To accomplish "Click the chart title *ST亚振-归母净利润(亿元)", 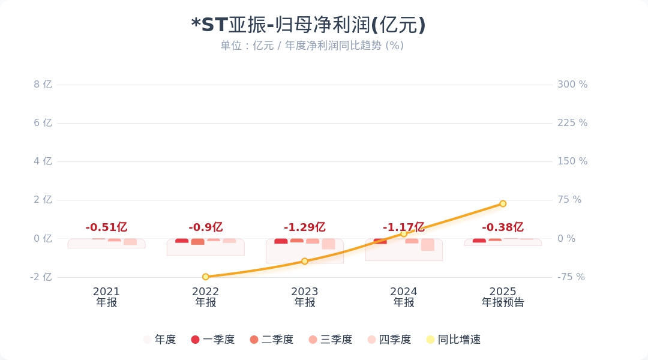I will point(308,25).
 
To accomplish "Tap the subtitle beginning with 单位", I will point(311,46).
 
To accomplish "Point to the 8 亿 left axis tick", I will point(43,85).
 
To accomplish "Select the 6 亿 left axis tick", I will point(43,123).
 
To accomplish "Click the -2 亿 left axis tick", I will point(41,277).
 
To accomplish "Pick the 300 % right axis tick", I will point(572,85).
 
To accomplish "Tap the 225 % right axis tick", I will point(572,123).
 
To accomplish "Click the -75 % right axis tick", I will point(571,277).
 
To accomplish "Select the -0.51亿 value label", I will point(106,227).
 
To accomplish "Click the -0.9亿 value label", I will point(205,227).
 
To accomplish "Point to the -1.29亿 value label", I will point(304,227).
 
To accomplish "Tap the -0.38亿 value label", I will point(502,227).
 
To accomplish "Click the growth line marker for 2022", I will point(206,277).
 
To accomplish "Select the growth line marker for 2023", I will point(305,261).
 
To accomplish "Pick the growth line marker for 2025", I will point(503,203).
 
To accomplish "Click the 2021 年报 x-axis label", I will point(106,297).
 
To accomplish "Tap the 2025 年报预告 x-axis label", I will point(503,297).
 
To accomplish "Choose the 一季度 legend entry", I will point(213,340).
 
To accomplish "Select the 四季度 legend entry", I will point(389,340).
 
